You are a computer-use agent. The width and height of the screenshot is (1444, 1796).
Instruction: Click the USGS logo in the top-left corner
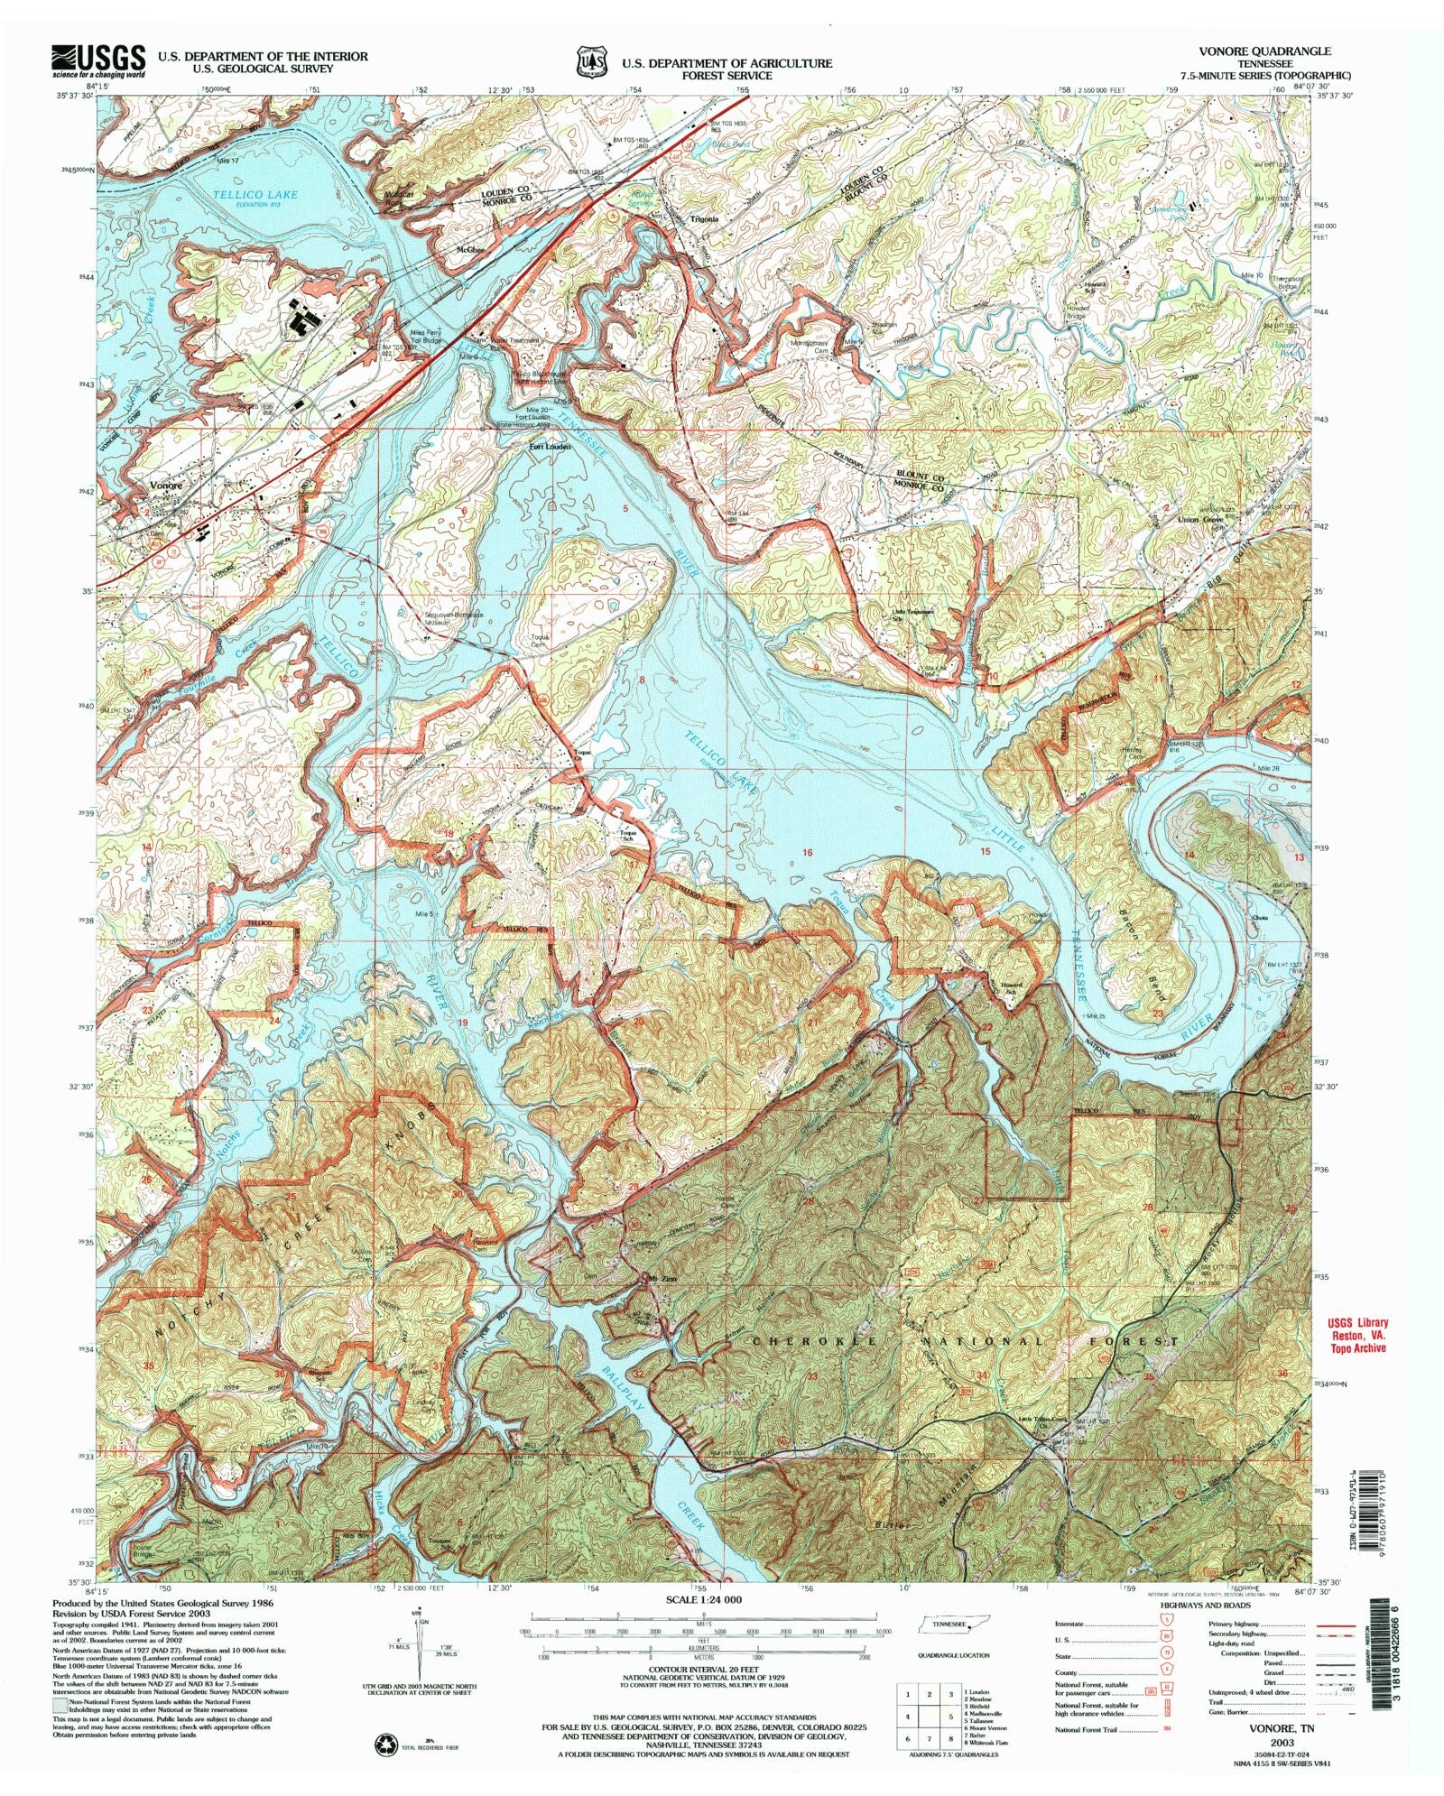coord(97,62)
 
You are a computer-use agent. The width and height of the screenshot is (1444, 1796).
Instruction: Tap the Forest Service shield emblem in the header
coord(592,63)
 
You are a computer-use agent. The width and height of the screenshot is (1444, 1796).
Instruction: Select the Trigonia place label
coord(704,219)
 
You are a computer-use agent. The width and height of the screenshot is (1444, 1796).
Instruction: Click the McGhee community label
coord(470,249)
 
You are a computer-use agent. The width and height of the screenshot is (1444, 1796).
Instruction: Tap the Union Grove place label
coord(1200,520)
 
